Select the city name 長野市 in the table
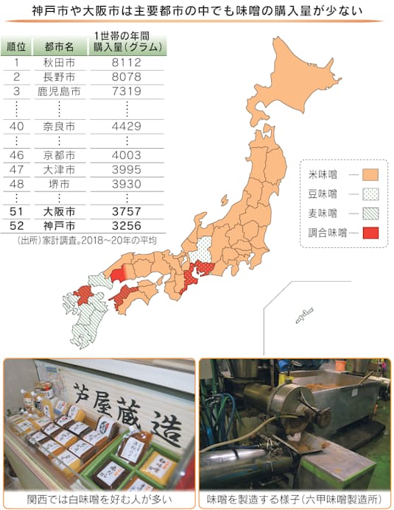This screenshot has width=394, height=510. [60, 77]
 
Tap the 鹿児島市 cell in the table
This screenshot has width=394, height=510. [60, 91]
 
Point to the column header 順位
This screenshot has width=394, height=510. [16, 46]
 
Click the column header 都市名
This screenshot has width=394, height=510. [60, 46]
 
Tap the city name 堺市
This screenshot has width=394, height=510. [60, 183]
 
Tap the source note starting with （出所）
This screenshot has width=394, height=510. [85, 240]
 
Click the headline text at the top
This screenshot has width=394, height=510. [197, 12]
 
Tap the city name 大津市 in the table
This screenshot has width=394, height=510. [60, 169]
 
